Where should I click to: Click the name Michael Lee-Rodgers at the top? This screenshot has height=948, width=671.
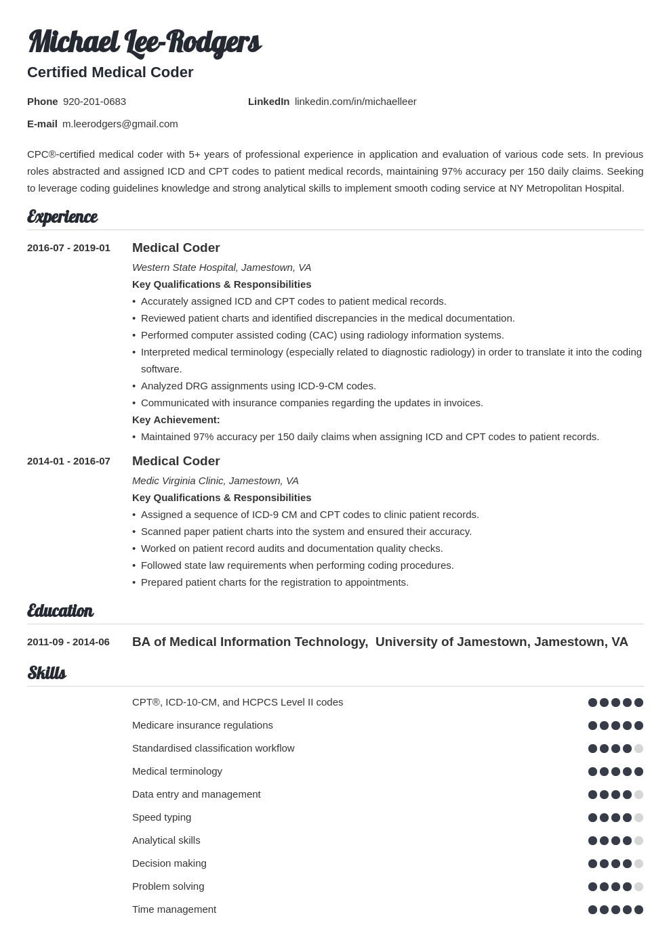tap(144, 42)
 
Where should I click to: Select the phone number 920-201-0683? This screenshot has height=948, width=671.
tap(94, 102)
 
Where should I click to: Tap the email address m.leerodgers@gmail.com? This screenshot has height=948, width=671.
tap(120, 124)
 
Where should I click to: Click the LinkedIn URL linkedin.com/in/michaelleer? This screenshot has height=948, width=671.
tap(355, 102)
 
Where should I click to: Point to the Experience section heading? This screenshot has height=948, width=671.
tap(62, 217)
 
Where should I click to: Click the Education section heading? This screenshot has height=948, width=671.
tap(60, 611)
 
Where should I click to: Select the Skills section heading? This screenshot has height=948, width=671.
tap(47, 673)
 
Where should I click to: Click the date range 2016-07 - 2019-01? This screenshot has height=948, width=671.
tap(68, 248)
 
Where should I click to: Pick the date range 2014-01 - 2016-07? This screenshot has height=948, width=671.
tap(68, 461)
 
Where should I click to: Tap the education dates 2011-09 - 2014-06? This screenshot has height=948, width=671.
tap(68, 642)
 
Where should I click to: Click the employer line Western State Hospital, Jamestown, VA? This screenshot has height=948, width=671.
tap(222, 267)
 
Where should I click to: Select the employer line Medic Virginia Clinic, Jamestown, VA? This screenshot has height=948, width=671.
tap(216, 481)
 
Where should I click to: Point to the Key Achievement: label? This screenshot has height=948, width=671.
tap(176, 420)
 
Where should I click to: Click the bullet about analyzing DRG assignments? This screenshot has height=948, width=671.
tap(258, 386)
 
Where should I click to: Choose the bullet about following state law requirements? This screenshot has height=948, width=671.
tap(297, 565)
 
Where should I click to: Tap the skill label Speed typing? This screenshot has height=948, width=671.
tap(161, 817)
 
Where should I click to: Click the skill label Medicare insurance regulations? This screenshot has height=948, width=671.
tap(203, 725)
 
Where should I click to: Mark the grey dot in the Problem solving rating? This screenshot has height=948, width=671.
tap(638, 886)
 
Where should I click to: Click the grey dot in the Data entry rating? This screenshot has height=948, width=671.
tap(638, 794)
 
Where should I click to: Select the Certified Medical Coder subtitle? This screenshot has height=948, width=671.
tap(110, 72)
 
